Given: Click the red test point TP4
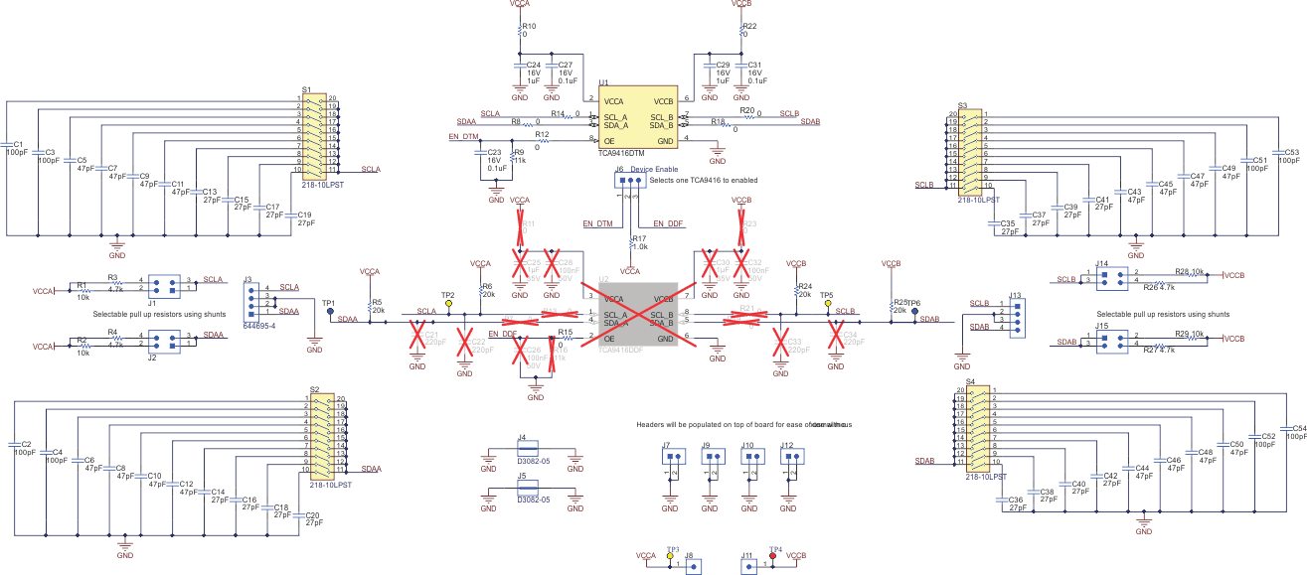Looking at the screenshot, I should click(x=773, y=556).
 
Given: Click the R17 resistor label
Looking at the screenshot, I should click(x=639, y=238).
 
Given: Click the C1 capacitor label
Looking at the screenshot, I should click(x=18, y=145).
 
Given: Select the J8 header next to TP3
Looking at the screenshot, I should click(x=694, y=564).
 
